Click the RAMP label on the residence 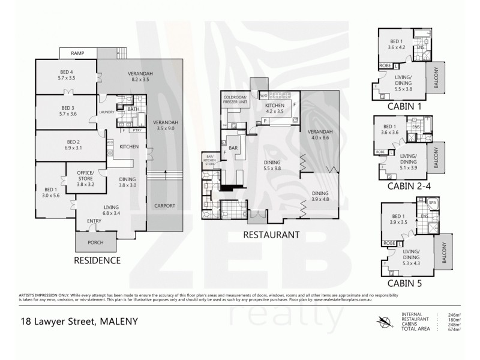click(77, 54)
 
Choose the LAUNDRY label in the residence click(107, 112)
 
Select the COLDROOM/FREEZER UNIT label click(236, 100)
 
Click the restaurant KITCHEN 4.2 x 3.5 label click(277, 108)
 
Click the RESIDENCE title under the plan click(97, 260)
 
